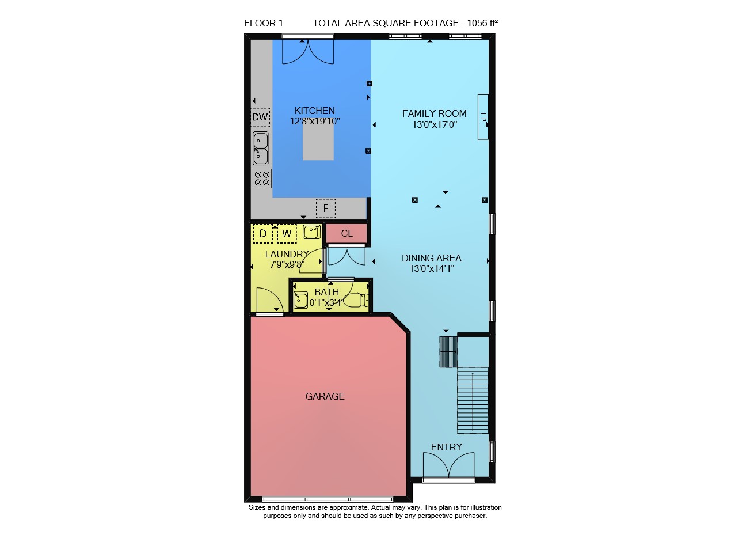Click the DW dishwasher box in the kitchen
[x=260, y=117]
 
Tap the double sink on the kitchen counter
[x=260, y=148]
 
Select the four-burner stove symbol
[x=262, y=179]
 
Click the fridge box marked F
[x=326, y=208]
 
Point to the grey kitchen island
[x=318, y=142]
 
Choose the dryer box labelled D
[x=262, y=233]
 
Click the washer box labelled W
[x=287, y=233]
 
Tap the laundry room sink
[x=311, y=232]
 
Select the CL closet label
[x=347, y=233]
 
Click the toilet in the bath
[x=359, y=300]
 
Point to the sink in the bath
[x=300, y=300]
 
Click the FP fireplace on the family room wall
[x=483, y=117]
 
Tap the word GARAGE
[x=325, y=396]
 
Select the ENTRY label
[x=447, y=447]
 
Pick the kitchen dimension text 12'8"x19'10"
[x=315, y=122]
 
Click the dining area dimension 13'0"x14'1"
[x=432, y=268]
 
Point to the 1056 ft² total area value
[x=482, y=23]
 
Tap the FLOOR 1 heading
[x=263, y=23]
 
